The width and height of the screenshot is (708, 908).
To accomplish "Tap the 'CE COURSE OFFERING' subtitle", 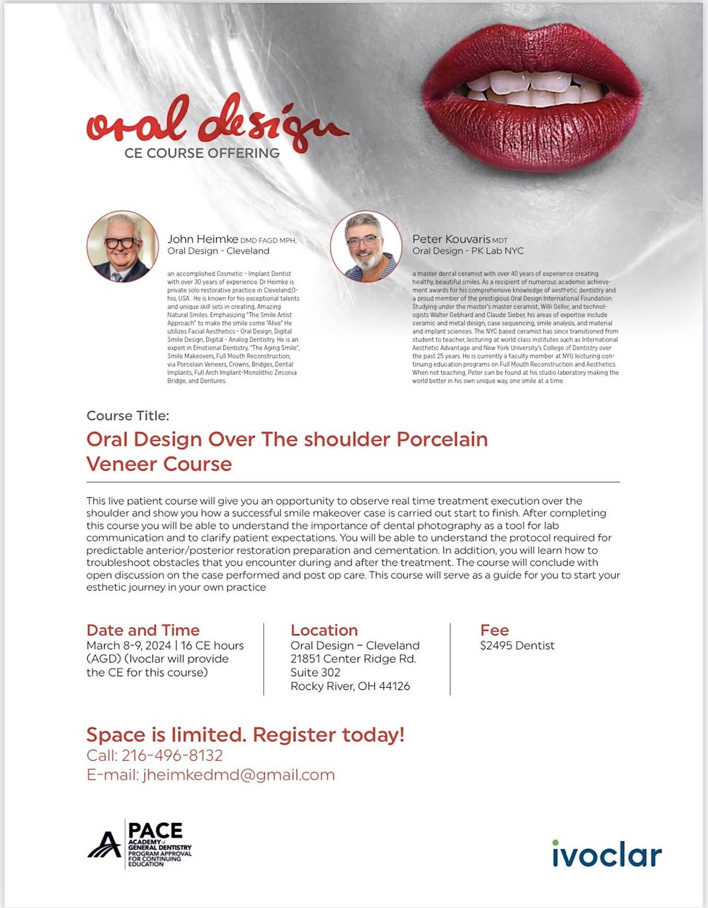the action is (202, 153).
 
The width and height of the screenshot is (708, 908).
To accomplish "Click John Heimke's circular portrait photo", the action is (123, 246).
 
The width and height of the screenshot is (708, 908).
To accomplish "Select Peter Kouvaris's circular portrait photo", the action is (366, 246).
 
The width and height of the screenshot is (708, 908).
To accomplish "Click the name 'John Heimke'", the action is (202, 239).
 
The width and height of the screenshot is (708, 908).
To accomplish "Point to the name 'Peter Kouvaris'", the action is (451, 239).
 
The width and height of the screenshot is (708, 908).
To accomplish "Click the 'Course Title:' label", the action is (127, 416).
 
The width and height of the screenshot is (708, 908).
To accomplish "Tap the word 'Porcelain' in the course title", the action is (442, 439).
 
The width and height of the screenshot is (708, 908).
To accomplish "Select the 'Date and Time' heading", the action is (143, 630).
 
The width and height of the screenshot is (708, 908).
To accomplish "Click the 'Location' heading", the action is (324, 630).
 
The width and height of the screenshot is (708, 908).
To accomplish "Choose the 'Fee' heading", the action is (494, 630).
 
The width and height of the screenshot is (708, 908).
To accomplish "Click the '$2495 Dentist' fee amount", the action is (517, 645).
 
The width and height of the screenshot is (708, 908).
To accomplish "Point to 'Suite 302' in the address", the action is (315, 672).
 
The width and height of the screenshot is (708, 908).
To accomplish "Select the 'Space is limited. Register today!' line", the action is (245, 735).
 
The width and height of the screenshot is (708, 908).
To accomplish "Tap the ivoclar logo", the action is (607, 854).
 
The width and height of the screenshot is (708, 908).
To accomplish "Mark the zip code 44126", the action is (394, 686).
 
